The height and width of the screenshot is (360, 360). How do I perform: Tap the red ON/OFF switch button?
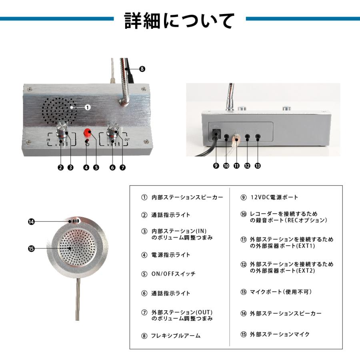click(x=88, y=133)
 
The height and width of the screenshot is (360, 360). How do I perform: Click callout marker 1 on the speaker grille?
click(x=88, y=107)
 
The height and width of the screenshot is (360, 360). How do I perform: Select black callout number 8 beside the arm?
click(x=142, y=69)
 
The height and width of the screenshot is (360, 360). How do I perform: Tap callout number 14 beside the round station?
click(x=31, y=221)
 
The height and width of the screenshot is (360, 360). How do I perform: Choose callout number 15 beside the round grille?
click(x=31, y=248)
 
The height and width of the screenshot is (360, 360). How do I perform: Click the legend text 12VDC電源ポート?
click(x=274, y=197)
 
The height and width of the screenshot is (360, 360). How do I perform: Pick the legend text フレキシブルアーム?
click(x=176, y=336)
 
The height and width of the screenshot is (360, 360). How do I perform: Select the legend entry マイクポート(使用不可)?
click(x=280, y=292)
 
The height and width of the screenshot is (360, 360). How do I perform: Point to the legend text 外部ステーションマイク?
click(x=280, y=334)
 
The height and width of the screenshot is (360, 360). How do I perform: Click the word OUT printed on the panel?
click(x=127, y=139)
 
